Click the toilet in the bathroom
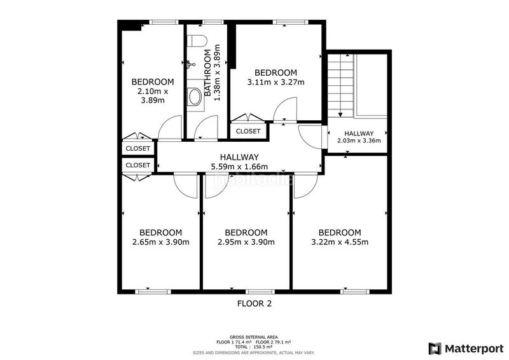pos(197,41)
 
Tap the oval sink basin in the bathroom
pos(195,97)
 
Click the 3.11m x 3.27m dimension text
pos(276,82)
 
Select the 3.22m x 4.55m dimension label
pos(340,242)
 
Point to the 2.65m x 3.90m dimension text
pos(161,242)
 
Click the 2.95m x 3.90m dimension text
pos(246,242)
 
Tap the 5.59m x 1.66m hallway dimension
pos(240,167)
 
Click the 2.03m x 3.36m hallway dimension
pos(359,141)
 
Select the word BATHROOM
pos(208,73)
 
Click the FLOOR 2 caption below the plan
pos(254,303)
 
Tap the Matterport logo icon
pos(435,349)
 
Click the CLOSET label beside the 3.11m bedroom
pos(248,131)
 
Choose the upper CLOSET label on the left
pos(138,148)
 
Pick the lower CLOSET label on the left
pos(138,165)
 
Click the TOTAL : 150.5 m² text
pos(253,347)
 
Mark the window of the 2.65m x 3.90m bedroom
pos(153,291)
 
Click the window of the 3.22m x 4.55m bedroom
pos(355,291)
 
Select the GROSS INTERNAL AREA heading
pos(253,337)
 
